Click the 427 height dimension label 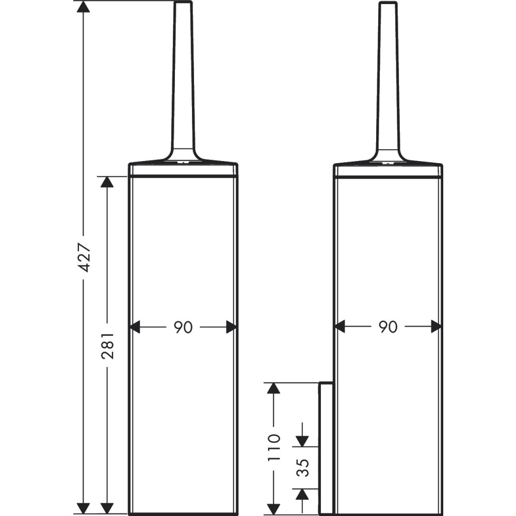tap(84, 256)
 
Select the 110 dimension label tap(274, 447)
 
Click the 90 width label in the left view tap(183, 327)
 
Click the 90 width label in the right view tap(388, 327)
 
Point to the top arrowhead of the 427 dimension tap(83, 7)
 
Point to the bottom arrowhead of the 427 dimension tap(83, 508)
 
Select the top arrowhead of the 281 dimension tap(107, 183)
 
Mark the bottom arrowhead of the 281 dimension tap(107, 508)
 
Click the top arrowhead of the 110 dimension tap(273, 389)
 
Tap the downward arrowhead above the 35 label tap(302, 440)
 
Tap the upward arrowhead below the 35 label tap(302, 494)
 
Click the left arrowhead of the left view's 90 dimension tap(135, 327)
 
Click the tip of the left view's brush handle tap(183, 4)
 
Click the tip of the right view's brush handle tap(388, 4)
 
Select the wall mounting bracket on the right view tap(326, 448)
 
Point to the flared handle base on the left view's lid tap(183, 155)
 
